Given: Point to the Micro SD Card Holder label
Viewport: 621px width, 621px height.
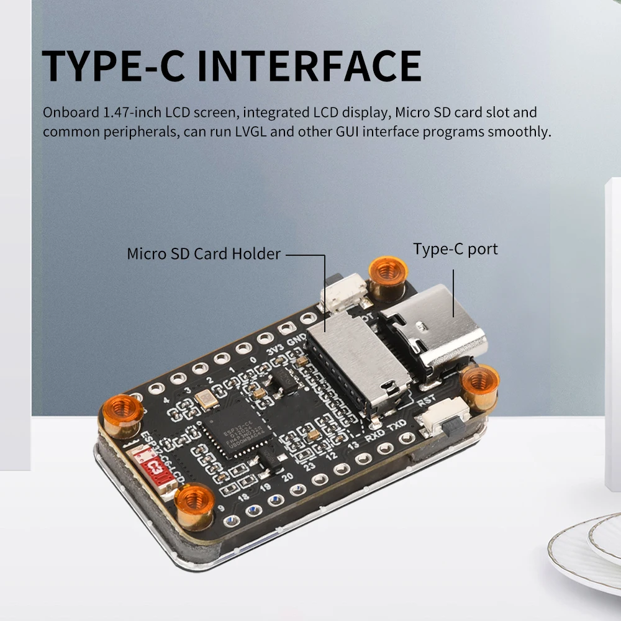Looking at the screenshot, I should (204, 253).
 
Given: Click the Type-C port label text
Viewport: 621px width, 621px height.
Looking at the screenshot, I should (455, 250).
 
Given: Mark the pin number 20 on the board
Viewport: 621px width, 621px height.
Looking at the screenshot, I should (287, 477).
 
